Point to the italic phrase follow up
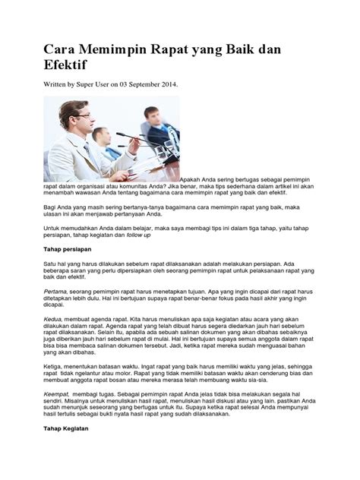tap(138, 235)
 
